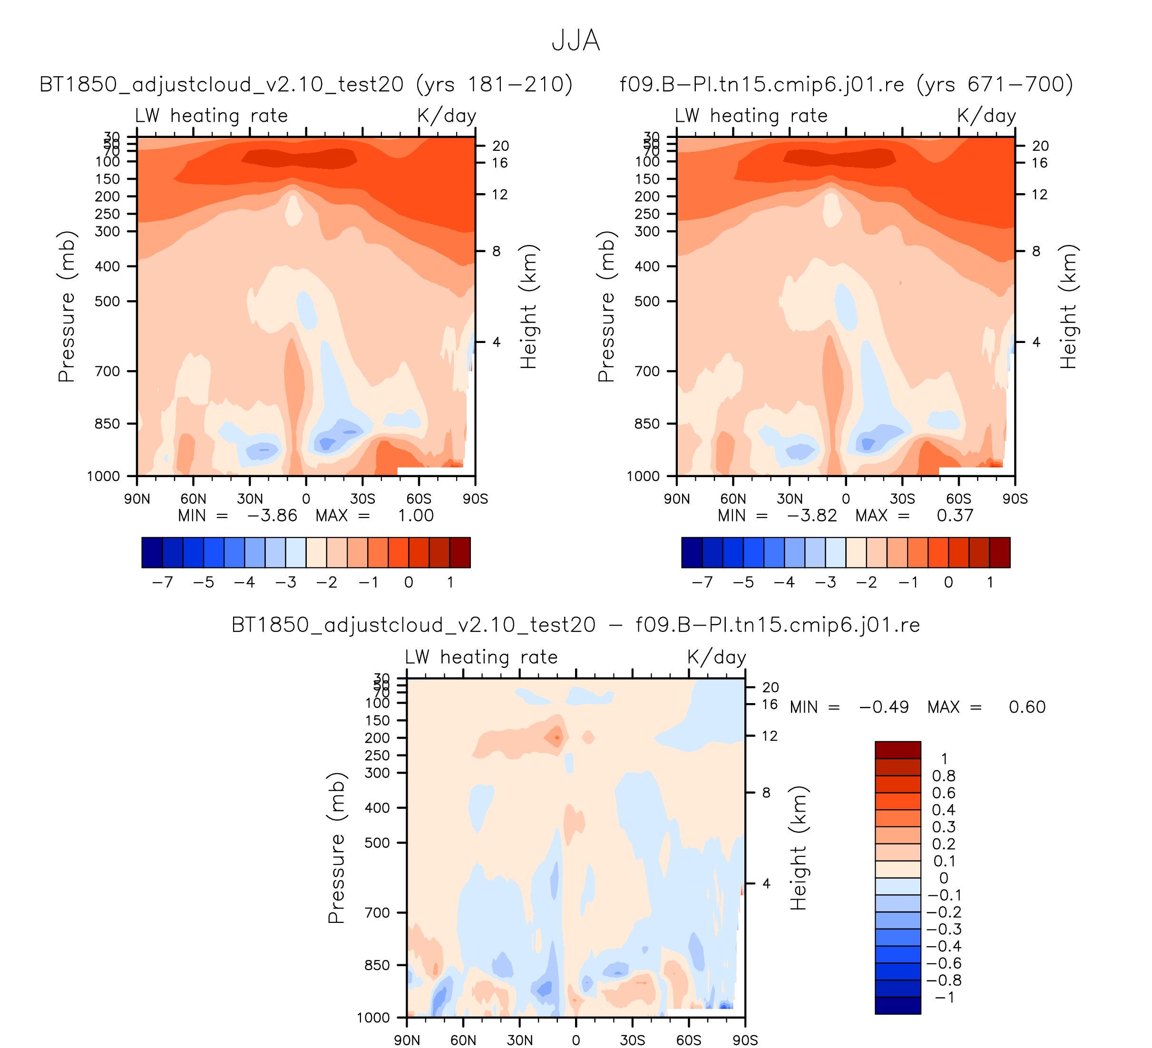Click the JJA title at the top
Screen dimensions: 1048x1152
(x=576, y=41)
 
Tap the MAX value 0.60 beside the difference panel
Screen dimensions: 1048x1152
(x=1027, y=707)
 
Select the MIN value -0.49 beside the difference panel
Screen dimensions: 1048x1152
(x=883, y=707)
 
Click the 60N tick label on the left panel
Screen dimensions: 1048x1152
(x=193, y=499)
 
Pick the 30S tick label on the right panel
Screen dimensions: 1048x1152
(x=902, y=499)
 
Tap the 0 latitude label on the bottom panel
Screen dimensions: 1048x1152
(x=576, y=1040)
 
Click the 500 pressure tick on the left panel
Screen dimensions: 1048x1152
(x=107, y=301)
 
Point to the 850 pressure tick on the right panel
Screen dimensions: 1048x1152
(x=647, y=424)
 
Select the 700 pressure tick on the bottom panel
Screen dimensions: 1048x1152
(x=377, y=912)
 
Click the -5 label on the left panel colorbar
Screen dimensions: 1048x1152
(x=204, y=582)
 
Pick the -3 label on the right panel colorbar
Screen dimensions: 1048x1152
(x=826, y=582)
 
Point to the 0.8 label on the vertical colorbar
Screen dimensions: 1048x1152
(x=943, y=776)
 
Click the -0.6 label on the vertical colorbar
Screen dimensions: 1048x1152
(x=943, y=963)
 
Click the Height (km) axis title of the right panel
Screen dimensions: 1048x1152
(x=1067, y=306)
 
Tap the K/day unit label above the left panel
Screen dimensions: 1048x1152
(x=446, y=116)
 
